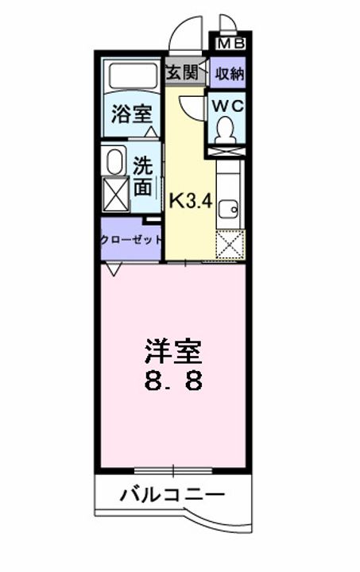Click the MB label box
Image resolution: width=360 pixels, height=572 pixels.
pyautogui.click(x=230, y=44)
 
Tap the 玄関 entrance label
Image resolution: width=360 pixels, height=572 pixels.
pyautogui.click(x=181, y=72)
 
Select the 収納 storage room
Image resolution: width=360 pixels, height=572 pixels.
pyautogui.click(x=229, y=74)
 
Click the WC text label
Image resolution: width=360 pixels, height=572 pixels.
pyautogui.click(x=229, y=105)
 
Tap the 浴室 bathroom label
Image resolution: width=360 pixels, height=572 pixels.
pyautogui.click(x=133, y=112)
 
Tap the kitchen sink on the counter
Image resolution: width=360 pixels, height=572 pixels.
pyautogui.click(x=229, y=208)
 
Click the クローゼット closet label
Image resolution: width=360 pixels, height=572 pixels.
pyautogui.click(x=131, y=239)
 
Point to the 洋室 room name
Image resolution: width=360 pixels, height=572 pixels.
pyautogui.click(x=173, y=350)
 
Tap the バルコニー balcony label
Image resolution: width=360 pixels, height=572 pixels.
pyautogui.click(x=172, y=494)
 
